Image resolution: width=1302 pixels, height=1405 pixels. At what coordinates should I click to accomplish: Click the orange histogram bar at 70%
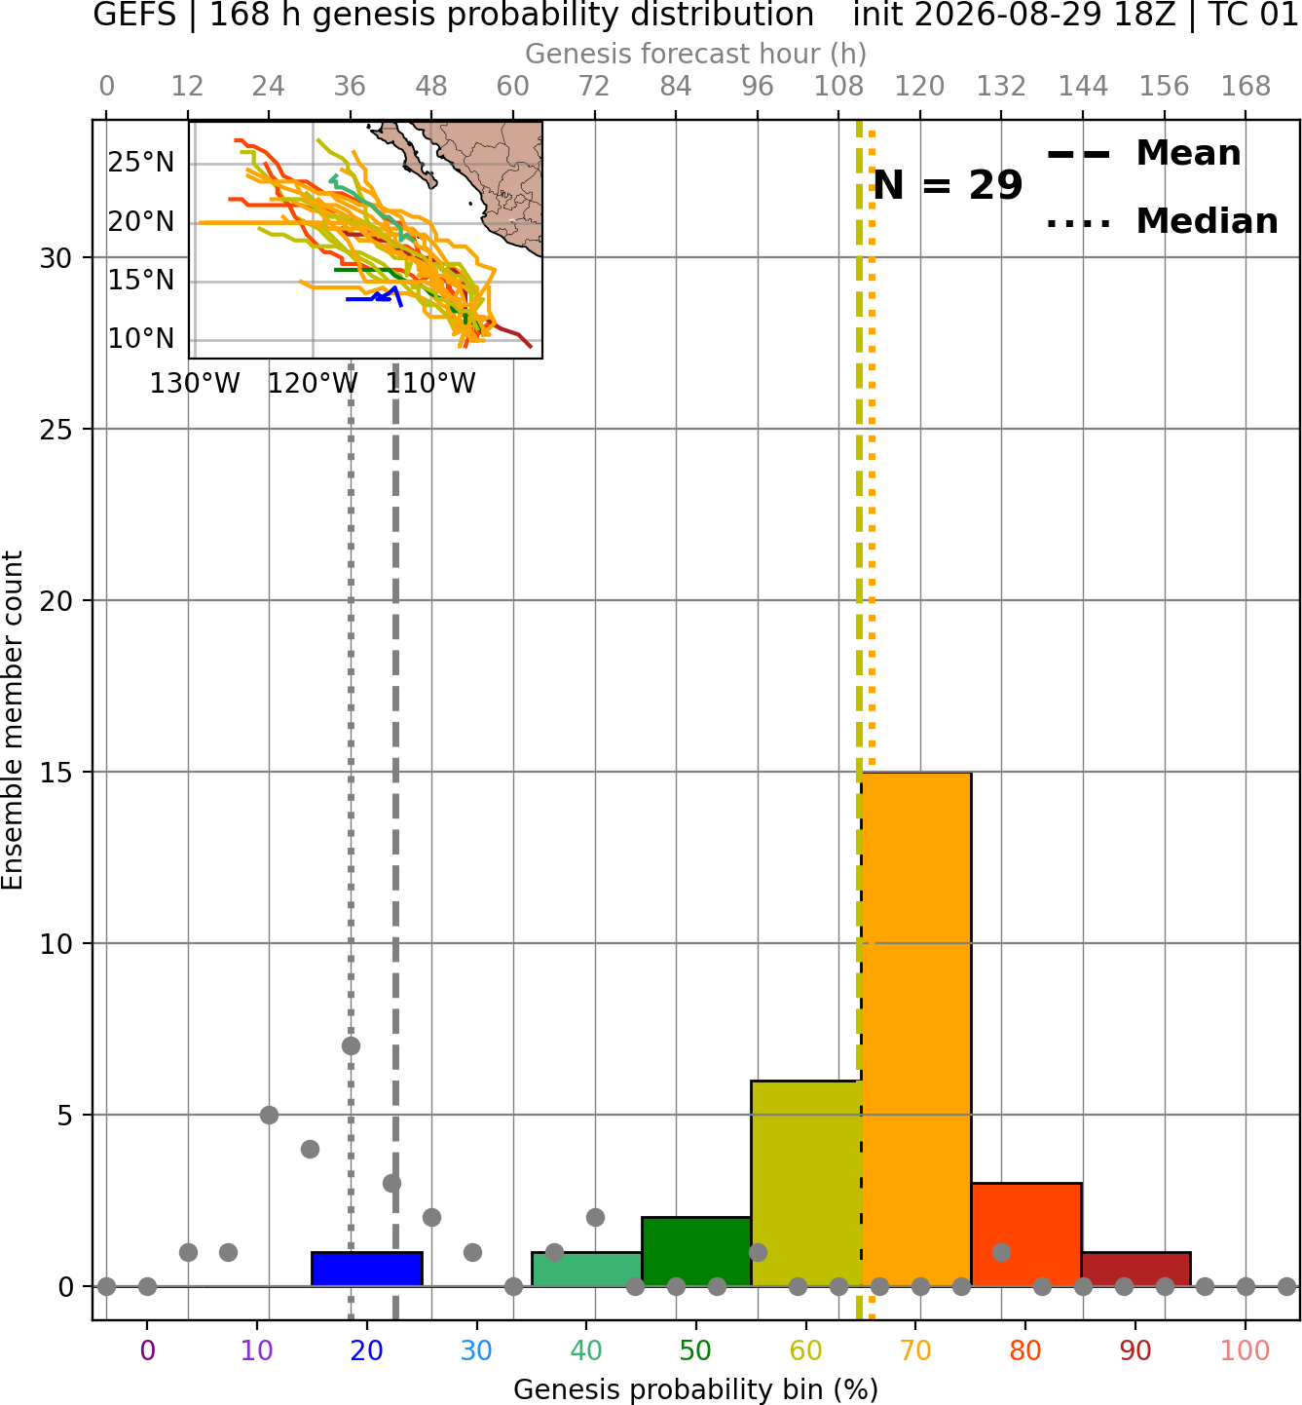point(916,1029)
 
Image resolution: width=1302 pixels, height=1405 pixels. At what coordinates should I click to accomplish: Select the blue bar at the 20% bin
point(367,1270)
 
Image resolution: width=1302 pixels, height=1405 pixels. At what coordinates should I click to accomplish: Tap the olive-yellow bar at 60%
point(806,1183)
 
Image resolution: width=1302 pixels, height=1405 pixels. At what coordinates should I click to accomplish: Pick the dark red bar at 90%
point(1136,1270)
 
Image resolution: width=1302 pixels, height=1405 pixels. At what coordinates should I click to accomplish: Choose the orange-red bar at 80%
point(1026,1234)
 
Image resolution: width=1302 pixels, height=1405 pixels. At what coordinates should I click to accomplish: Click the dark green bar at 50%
point(696,1251)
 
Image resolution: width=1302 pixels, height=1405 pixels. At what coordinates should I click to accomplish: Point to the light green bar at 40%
point(587,1270)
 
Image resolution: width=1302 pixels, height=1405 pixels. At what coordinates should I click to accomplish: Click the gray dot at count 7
point(351,1045)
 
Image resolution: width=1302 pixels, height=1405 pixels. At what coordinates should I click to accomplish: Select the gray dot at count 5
point(269,1115)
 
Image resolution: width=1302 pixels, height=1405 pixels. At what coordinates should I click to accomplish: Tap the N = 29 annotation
point(948,185)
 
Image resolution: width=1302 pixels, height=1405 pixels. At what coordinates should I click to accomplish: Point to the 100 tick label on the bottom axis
point(1246,1350)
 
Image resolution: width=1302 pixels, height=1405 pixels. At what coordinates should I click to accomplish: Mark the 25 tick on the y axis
point(56,429)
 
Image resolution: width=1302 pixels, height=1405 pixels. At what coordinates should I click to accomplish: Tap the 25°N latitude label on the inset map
point(141,163)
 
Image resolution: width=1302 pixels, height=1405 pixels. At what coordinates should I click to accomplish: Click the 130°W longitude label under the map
point(195,384)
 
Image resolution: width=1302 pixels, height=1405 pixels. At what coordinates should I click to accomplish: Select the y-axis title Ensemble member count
point(12,720)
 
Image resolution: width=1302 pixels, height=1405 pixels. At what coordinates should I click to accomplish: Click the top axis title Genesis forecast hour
point(696,54)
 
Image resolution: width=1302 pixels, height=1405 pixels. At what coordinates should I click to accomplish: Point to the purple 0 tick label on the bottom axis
point(147,1350)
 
